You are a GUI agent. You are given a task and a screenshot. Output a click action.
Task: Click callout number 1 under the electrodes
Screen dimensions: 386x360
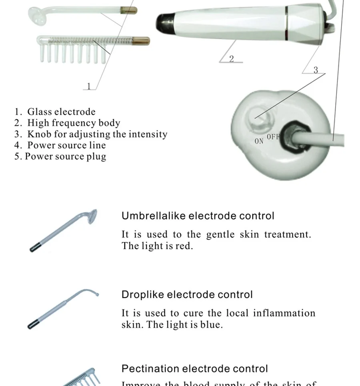(89, 86)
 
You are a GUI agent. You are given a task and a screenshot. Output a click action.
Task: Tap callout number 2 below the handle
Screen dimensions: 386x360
(231, 59)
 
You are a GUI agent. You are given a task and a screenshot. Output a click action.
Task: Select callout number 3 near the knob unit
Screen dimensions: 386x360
(316, 70)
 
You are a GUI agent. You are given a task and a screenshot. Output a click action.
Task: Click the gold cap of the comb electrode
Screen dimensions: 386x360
(142, 40)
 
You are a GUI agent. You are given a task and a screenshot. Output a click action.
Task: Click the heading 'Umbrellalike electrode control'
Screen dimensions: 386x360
(198, 216)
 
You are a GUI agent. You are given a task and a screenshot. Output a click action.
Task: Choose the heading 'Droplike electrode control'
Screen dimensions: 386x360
(187, 295)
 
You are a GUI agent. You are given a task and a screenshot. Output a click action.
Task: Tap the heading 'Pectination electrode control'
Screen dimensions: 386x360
(194, 368)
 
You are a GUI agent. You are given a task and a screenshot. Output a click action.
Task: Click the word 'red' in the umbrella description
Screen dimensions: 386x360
(183, 246)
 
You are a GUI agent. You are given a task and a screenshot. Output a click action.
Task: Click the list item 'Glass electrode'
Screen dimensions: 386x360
(61, 112)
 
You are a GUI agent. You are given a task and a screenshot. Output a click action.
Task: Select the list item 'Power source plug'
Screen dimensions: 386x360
(65, 156)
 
